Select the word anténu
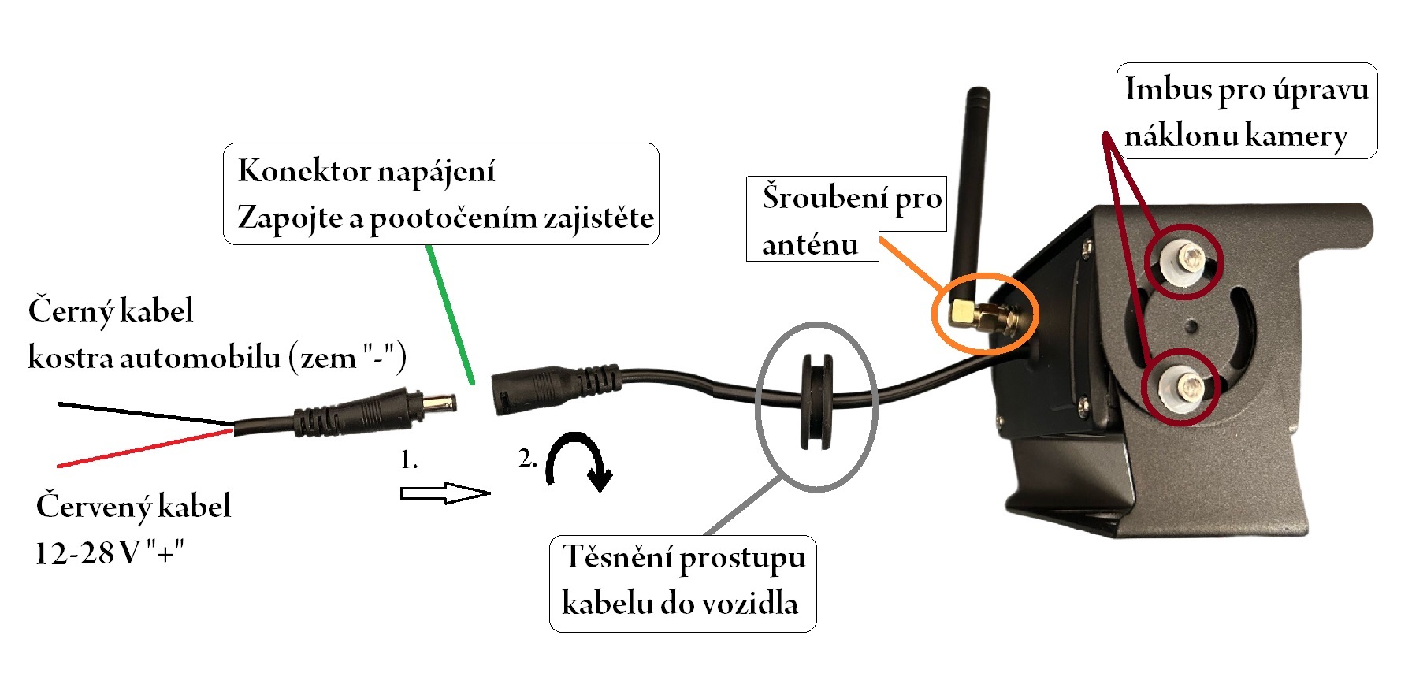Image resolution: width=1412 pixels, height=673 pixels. (x=809, y=245)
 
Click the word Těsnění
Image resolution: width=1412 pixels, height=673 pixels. (x=617, y=557)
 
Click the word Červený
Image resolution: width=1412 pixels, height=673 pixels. (x=93, y=507)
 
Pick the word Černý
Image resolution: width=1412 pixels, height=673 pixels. (x=71, y=311)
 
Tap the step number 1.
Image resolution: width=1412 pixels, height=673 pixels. (x=408, y=459)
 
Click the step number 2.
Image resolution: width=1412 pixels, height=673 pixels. (x=527, y=458)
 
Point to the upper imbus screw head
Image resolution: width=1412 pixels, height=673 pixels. (x=1183, y=259)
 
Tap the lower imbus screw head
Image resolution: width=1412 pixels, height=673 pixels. (x=1180, y=386)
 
